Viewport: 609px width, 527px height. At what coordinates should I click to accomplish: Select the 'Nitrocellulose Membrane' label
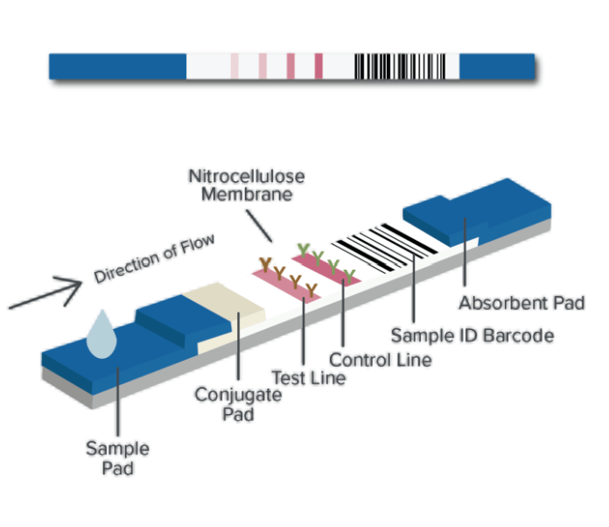[248, 185]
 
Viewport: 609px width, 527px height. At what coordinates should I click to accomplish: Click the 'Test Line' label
[308, 378]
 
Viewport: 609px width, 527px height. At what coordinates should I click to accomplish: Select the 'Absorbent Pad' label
[521, 304]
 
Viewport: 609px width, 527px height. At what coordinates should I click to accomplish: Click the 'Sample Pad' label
[117, 458]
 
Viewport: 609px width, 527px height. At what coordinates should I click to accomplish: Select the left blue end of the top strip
[117, 66]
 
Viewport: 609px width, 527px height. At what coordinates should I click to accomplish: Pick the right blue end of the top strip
[496, 66]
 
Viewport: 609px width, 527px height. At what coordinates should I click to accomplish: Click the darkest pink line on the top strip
[318, 66]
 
